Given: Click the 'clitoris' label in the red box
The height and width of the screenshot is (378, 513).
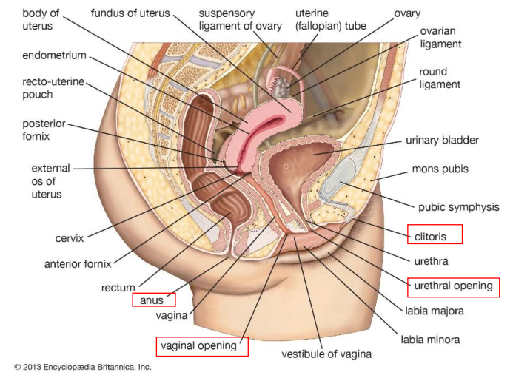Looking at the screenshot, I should pos(435,234).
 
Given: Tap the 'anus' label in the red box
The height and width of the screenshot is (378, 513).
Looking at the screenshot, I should pos(153,300).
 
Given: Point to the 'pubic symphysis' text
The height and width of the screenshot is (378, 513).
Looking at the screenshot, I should pos(458,207).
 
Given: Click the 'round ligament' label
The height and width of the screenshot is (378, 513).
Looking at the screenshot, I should pos(440,78).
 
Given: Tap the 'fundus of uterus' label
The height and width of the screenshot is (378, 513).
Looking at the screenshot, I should pos(130,13).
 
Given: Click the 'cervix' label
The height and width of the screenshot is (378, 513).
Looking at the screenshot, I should pos(69,238).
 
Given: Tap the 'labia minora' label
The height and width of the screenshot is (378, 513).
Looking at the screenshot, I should pos(430,340).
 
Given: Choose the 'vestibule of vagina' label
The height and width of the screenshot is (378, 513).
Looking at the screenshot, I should pos(326,354).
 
